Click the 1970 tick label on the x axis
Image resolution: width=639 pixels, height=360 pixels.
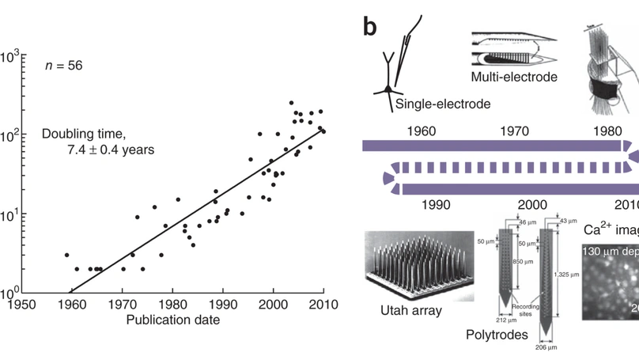[x=122, y=304]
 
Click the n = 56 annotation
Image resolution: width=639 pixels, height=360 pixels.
[x=62, y=66]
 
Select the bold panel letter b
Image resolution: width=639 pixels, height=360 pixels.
[x=370, y=28]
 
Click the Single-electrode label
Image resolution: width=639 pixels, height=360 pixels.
[x=443, y=104]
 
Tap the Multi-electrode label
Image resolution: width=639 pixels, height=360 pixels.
[x=514, y=77]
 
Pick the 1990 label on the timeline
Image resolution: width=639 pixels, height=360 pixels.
[x=436, y=205]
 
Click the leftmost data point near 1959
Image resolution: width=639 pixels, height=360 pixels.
[x=66, y=256]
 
